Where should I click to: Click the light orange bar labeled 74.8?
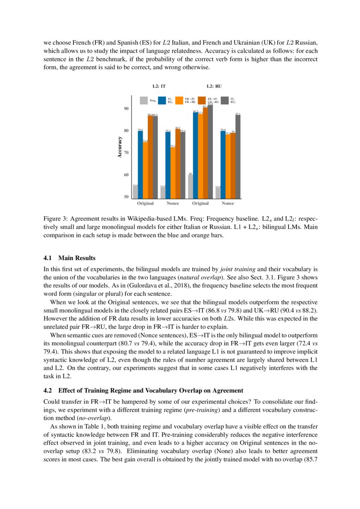pos(145,170)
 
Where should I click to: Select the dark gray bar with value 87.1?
pos(238,157)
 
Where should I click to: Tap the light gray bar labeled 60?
pos(190,186)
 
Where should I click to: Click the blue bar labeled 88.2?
pos(195,155)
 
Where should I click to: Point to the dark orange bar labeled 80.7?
pos(178,163)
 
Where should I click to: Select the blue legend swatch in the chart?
pos(162,101)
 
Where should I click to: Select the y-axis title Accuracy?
pos(120,147)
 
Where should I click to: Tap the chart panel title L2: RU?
pos(214,87)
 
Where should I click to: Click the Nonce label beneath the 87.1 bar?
pos(228,203)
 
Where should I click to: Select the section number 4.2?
pos(49,390)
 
